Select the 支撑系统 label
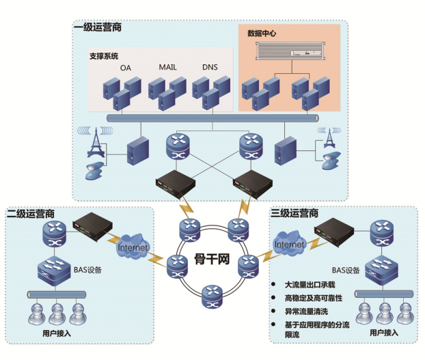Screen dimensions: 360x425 pyautogui.click(x=104, y=56)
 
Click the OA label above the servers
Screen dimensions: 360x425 pyautogui.click(x=125, y=68)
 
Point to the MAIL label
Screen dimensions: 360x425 pyautogui.click(x=168, y=67)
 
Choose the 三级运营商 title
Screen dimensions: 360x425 pyautogui.click(x=294, y=213)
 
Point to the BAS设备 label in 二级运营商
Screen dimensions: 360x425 pyautogui.click(x=87, y=269)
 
